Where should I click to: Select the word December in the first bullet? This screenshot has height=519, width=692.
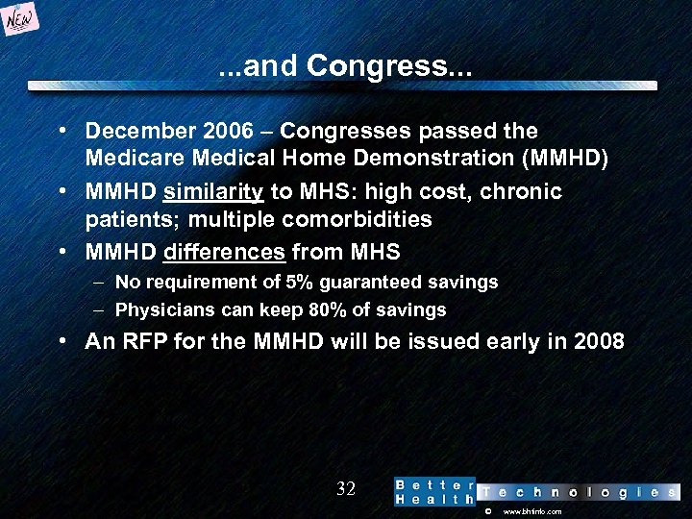click(x=139, y=130)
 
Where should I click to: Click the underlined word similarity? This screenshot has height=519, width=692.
click(x=213, y=191)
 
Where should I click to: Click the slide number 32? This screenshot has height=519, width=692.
click(x=346, y=489)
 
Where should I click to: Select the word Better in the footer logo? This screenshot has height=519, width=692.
click(x=434, y=484)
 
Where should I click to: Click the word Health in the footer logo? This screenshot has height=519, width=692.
click(x=434, y=500)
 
